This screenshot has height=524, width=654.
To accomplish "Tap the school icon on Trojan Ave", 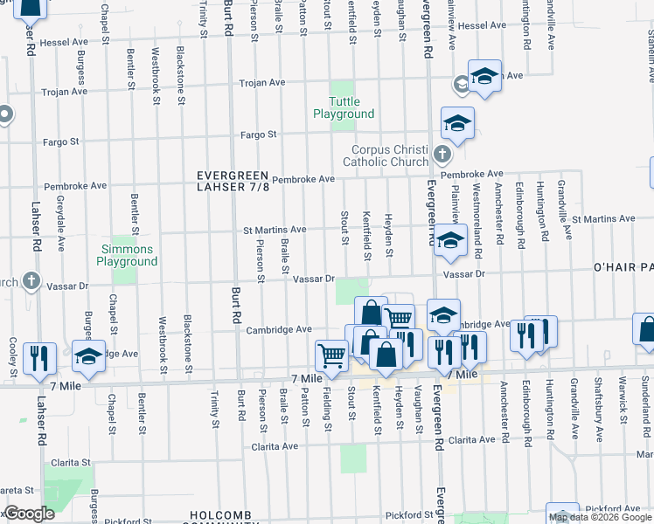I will click(484, 76).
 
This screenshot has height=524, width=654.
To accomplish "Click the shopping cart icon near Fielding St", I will click(332, 355).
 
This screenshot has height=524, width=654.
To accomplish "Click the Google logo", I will click(28, 514).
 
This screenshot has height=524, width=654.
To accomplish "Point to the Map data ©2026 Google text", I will click(600, 517).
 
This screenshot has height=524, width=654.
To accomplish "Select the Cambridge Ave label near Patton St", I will click(279, 329).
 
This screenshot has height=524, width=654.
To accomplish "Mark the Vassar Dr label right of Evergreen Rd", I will click(463, 274).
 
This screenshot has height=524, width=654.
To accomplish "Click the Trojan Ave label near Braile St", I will click(262, 83).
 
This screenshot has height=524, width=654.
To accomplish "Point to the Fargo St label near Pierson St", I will click(259, 134).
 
